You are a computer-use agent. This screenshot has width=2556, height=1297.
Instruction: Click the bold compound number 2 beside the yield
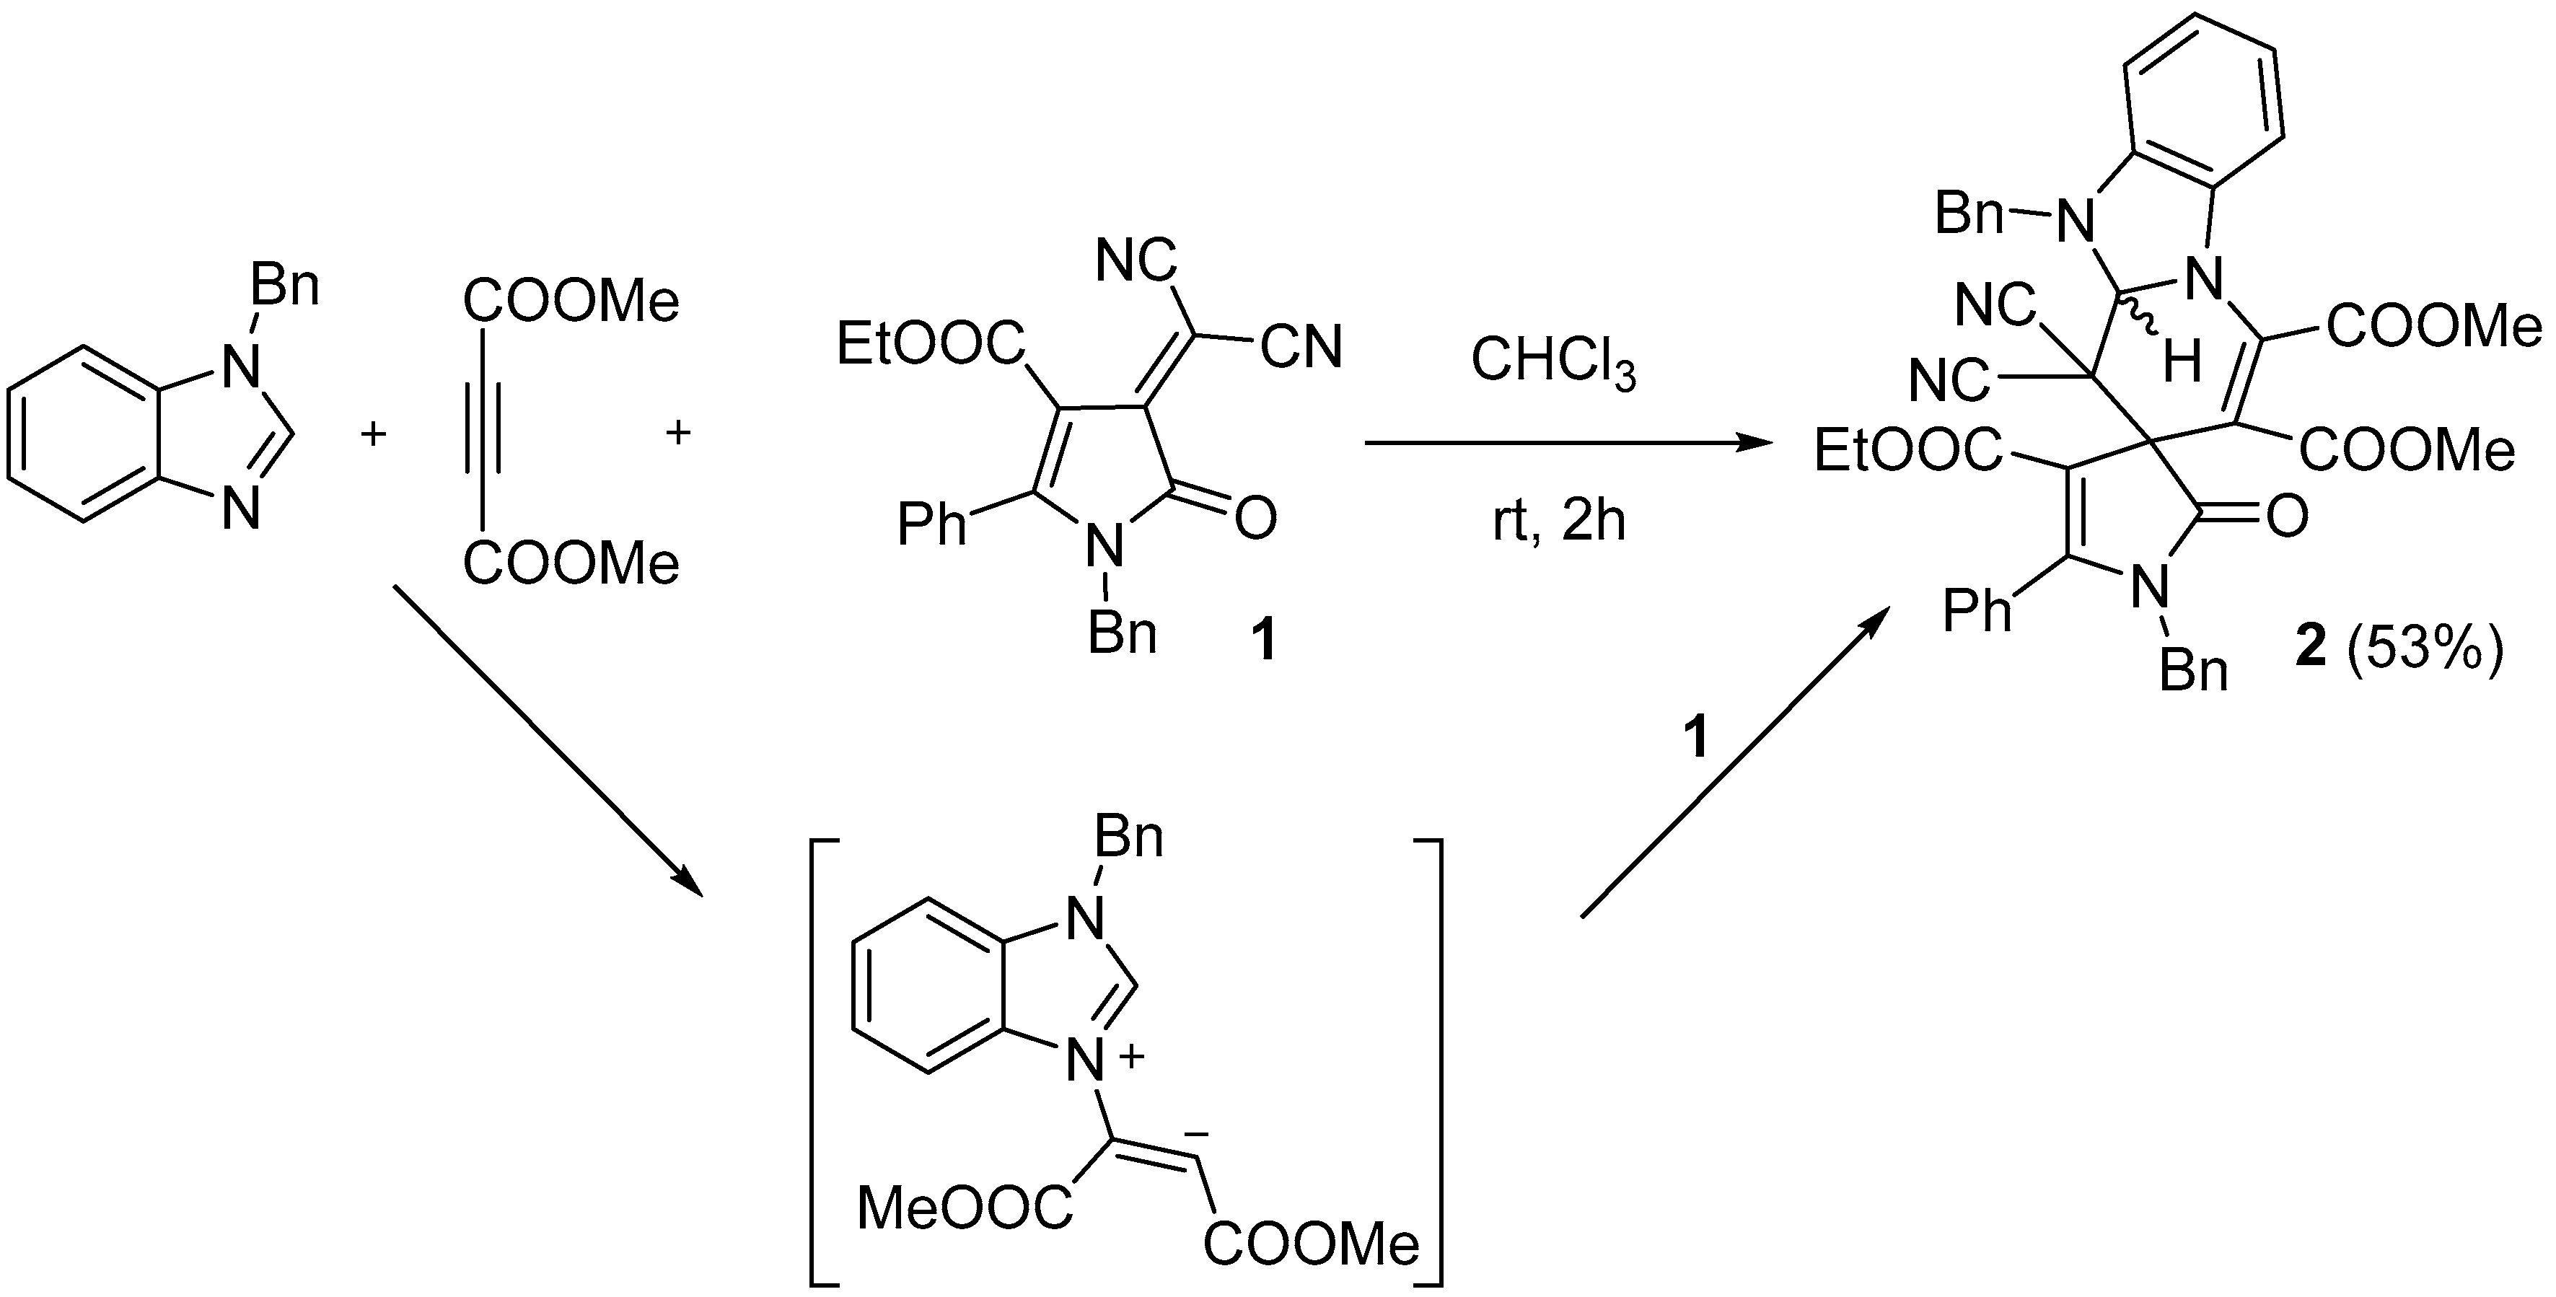pos(2311,653)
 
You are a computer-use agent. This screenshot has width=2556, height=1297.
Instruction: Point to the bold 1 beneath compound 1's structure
pos(1263,638)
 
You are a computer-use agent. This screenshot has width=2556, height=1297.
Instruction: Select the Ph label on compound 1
pos(931,524)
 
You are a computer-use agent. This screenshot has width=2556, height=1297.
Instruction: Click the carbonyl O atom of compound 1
pos(1255,518)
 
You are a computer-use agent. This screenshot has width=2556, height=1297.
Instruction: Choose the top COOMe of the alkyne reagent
pos(571,301)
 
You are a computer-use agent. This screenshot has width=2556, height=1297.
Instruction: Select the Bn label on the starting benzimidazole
pos(285,286)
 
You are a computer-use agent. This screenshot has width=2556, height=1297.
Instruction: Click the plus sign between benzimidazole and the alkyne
pos(372,434)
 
